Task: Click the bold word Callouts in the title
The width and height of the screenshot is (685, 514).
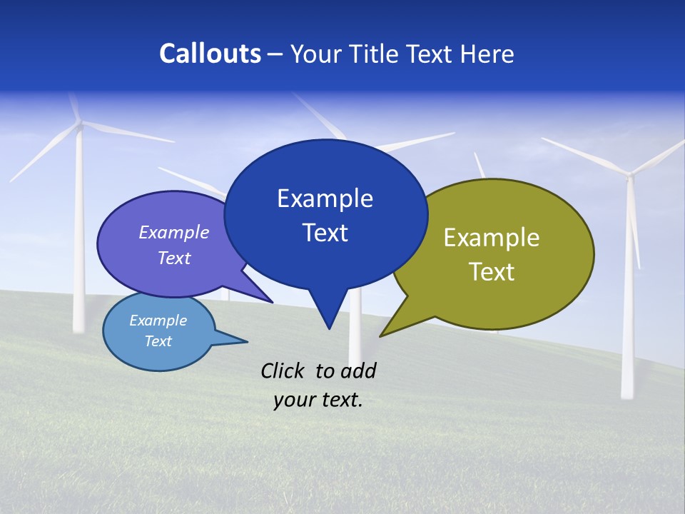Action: pyautogui.click(x=210, y=54)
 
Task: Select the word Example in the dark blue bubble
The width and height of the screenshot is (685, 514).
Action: pyautogui.click(x=325, y=198)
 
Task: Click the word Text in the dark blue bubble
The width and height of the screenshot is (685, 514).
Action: pyautogui.click(x=325, y=233)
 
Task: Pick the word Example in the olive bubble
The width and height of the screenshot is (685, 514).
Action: pyautogui.click(x=492, y=238)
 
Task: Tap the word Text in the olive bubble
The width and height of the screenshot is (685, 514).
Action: pyautogui.click(x=492, y=272)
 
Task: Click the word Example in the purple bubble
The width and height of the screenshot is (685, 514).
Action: pyautogui.click(x=174, y=232)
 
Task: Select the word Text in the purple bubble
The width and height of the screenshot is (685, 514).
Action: pyautogui.click(x=174, y=258)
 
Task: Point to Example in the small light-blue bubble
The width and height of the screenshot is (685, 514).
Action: pyautogui.click(x=158, y=321)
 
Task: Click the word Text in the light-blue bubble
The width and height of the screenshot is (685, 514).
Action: pyautogui.click(x=158, y=341)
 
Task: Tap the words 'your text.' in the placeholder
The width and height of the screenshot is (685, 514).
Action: pyautogui.click(x=318, y=400)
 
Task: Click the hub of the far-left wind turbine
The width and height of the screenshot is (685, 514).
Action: pyautogui.click(x=79, y=125)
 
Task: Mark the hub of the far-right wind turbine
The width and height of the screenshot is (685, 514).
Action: pyautogui.click(x=629, y=173)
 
